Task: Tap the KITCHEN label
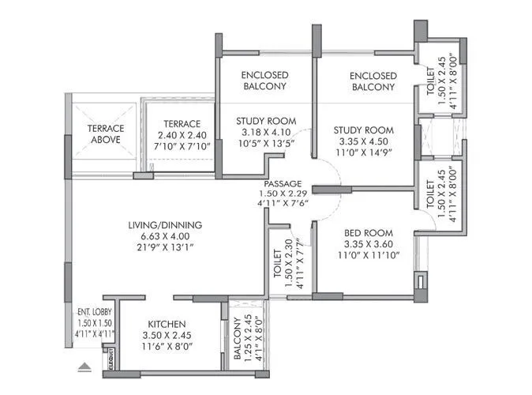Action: [x=166, y=325]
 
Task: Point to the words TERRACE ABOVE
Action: [x=103, y=134]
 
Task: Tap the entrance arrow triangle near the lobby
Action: [x=84, y=366]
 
